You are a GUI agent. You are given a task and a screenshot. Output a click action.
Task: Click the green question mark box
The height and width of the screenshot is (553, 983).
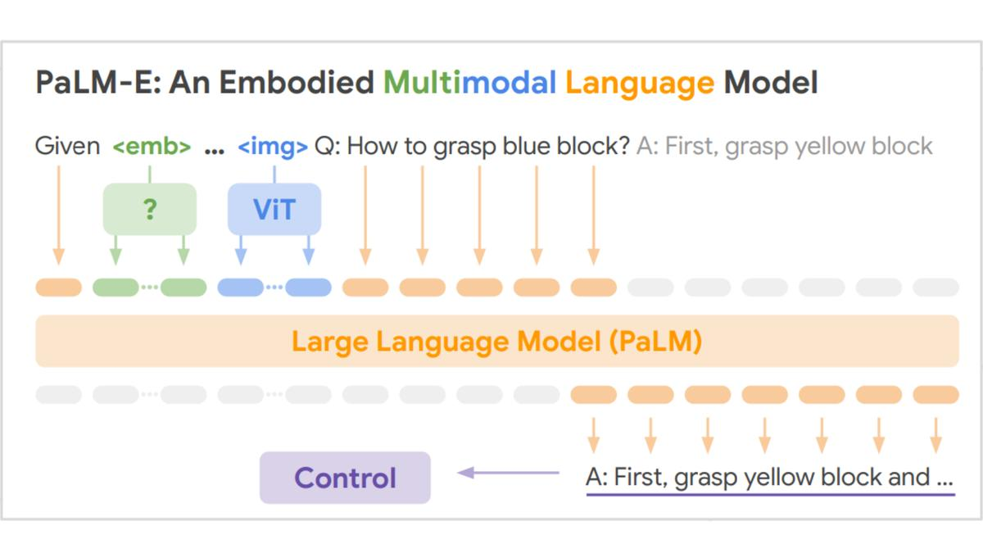150,209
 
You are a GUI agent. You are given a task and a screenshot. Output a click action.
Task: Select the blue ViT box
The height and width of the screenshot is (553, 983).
274,209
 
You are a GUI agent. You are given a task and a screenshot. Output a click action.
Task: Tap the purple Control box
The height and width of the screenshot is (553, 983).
345,478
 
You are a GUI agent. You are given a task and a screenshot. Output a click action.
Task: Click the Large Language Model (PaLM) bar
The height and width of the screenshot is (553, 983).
497,341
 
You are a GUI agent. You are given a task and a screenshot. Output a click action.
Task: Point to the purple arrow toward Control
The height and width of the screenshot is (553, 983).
508,473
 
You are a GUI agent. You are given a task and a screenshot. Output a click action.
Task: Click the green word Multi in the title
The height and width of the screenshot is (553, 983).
419,83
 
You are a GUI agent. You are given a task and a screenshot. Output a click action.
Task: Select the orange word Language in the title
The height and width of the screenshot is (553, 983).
640,84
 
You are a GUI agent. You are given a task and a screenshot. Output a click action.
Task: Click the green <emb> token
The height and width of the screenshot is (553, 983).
152,146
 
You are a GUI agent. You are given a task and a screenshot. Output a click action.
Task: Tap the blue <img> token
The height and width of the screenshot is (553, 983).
273,147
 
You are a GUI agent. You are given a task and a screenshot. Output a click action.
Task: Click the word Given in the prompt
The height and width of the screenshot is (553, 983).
67,146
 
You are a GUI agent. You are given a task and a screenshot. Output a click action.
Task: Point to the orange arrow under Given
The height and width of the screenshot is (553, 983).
59,215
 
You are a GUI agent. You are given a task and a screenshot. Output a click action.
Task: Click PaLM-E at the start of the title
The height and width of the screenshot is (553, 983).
98,83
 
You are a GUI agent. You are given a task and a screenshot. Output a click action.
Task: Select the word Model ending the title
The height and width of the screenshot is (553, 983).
771,83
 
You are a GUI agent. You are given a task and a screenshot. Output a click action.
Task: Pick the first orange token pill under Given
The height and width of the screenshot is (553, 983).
59,288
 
